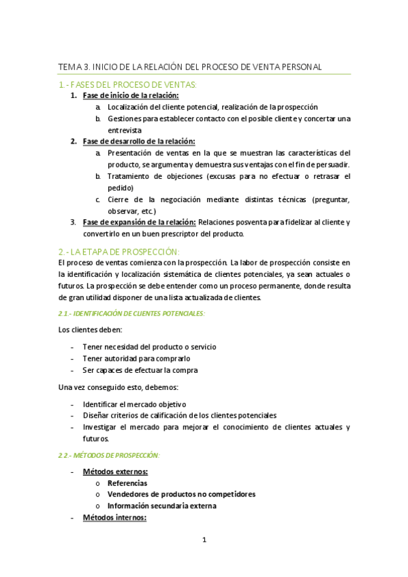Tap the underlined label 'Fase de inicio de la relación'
pos(135,96)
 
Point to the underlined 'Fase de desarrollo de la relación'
pos(138,142)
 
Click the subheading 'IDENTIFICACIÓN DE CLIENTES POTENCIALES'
pos(131,312)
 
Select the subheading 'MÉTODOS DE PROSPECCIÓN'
pos(108,455)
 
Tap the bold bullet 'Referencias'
pos(127,483)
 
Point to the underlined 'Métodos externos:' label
pos(115,472)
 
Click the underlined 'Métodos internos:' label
pos(114,518)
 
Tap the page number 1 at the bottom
pos(204,540)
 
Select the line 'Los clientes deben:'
pos(91,329)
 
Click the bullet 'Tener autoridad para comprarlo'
pos(136,358)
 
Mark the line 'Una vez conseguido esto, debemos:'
pos(119,387)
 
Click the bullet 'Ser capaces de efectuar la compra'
pos(140,369)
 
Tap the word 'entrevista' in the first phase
pos(125,130)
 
